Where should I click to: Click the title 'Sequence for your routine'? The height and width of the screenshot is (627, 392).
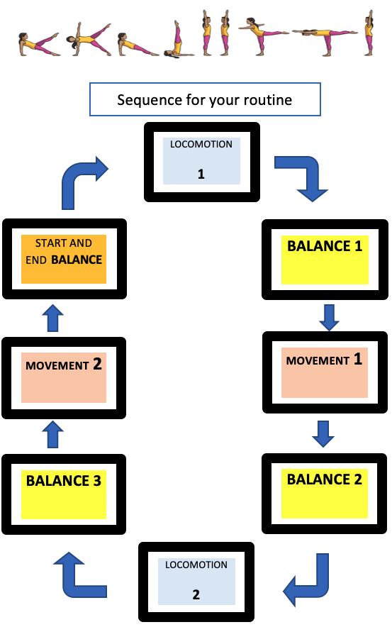(205, 99)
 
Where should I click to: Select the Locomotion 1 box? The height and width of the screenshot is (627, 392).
(202, 162)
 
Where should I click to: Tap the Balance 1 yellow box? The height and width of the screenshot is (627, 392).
(325, 260)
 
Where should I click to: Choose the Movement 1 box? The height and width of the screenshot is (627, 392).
(325, 372)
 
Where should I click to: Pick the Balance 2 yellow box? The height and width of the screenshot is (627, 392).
(325, 494)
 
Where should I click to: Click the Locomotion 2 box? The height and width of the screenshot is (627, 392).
(196, 582)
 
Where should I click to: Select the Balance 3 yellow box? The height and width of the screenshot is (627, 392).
(64, 494)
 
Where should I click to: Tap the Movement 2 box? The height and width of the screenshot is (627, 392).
(64, 378)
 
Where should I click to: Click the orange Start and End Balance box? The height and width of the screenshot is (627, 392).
(65, 259)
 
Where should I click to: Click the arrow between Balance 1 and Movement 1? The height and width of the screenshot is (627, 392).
(329, 318)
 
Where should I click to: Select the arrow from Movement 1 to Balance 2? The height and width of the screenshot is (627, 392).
(323, 434)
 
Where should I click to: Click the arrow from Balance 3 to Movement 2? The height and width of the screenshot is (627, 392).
(52, 434)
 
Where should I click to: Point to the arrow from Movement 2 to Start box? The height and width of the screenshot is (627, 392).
(52, 318)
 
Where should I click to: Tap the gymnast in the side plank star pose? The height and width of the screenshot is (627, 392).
(89, 39)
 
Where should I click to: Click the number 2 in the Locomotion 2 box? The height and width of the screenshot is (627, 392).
(196, 594)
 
